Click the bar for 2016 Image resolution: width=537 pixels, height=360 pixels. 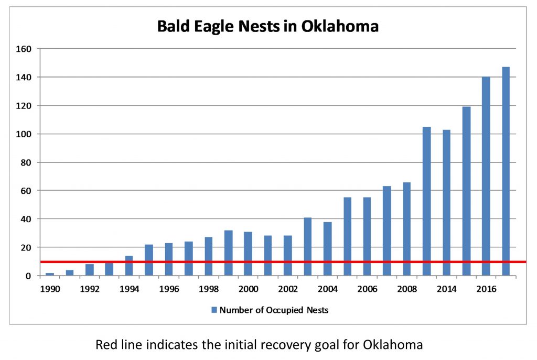pyautogui.click(x=486, y=176)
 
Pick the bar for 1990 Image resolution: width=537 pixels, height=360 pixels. pyautogui.click(x=50, y=274)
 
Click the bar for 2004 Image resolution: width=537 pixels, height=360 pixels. pyautogui.click(x=327, y=248)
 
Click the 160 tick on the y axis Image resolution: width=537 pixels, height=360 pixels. pyautogui.click(x=25, y=49)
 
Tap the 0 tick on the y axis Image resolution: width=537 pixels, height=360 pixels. pyautogui.click(x=29, y=276)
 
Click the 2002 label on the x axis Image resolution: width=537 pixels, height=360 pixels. pyautogui.click(x=287, y=288)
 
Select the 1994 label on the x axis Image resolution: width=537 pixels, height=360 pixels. pyautogui.click(x=129, y=288)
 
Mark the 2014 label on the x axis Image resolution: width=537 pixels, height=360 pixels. pyautogui.click(x=446, y=288)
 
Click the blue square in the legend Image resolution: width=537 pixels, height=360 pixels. pyautogui.click(x=214, y=310)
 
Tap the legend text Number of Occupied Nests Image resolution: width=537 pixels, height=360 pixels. pyautogui.click(x=274, y=310)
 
